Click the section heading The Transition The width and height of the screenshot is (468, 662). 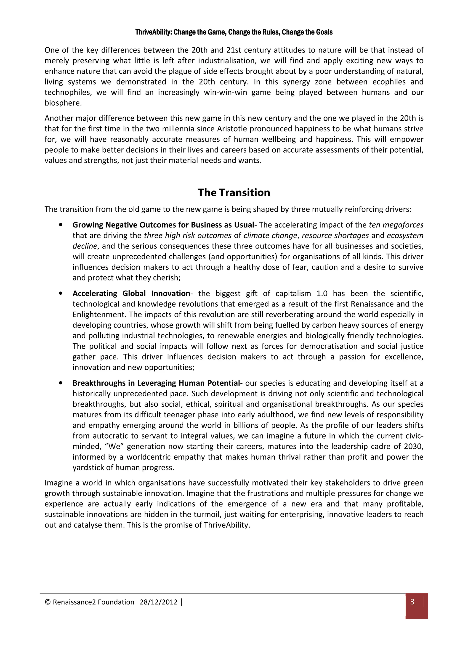tap(234, 193)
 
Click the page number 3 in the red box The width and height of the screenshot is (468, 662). tap(412, 602)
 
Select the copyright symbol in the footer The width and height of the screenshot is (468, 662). tap(48, 602)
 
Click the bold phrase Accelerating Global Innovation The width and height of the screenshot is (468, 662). tap(131, 294)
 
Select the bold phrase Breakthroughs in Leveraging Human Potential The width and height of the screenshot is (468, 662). tap(156, 383)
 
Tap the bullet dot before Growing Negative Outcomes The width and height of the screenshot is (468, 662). tap(61, 225)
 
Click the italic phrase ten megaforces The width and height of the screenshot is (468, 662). tap(396, 225)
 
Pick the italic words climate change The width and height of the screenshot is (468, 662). tap(270, 236)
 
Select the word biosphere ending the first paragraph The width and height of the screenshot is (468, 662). tap(63, 103)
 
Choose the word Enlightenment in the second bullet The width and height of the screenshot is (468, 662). tap(98, 315)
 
